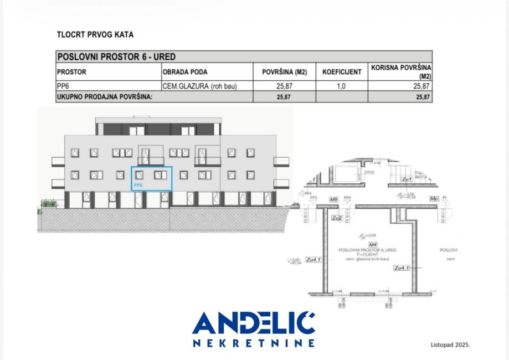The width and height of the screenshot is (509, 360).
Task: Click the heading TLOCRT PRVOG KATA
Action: (x=95, y=35)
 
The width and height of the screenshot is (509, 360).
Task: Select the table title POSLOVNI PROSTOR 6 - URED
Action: (x=116, y=57)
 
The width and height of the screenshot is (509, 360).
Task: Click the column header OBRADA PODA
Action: (x=185, y=72)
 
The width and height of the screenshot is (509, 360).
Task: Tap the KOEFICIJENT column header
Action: (x=342, y=72)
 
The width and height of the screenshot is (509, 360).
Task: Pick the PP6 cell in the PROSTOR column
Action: (x=62, y=86)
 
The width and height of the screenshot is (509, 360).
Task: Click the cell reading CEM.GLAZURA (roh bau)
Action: (x=199, y=86)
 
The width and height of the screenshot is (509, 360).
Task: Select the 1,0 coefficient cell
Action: (x=341, y=86)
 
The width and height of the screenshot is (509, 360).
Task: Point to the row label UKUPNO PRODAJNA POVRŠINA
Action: (x=105, y=97)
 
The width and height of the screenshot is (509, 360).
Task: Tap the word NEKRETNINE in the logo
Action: (x=254, y=343)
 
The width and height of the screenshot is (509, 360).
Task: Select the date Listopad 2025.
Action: (x=450, y=344)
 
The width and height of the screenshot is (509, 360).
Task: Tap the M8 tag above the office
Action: (x=333, y=198)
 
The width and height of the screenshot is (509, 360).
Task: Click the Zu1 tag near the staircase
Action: (x=407, y=179)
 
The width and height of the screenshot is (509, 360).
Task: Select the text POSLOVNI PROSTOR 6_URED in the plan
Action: (x=368, y=250)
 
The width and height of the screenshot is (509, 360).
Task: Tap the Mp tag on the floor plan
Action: (x=434, y=198)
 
